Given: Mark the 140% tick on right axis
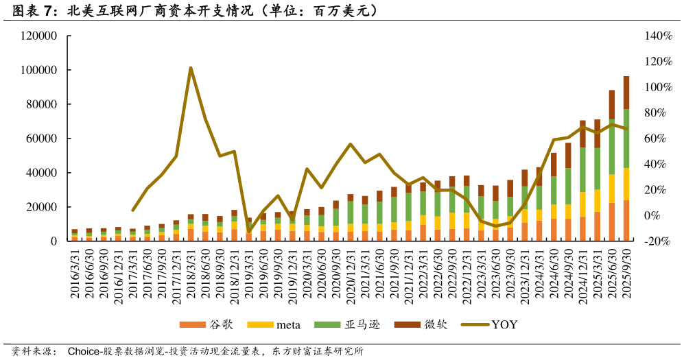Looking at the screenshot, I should click(x=657, y=36).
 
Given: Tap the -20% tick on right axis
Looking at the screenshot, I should click(x=657, y=241).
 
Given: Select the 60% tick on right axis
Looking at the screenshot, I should click(x=657, y=139).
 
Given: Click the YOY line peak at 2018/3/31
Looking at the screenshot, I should click(x=191, y=68).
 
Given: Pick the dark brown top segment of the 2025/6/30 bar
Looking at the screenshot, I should click(x=612, y=104).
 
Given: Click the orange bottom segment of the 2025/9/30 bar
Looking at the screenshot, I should click(x=626, y=221).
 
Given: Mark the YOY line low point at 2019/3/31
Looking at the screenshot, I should click(x=249, y=232).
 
